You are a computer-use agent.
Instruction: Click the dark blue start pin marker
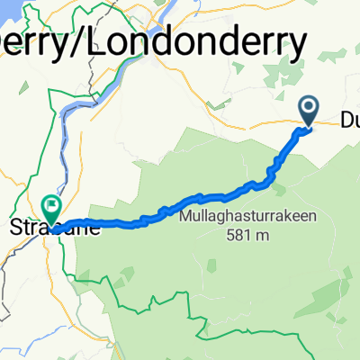309,111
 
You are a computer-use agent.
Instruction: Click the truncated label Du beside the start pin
349,120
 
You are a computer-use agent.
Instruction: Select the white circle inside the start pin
309,108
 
